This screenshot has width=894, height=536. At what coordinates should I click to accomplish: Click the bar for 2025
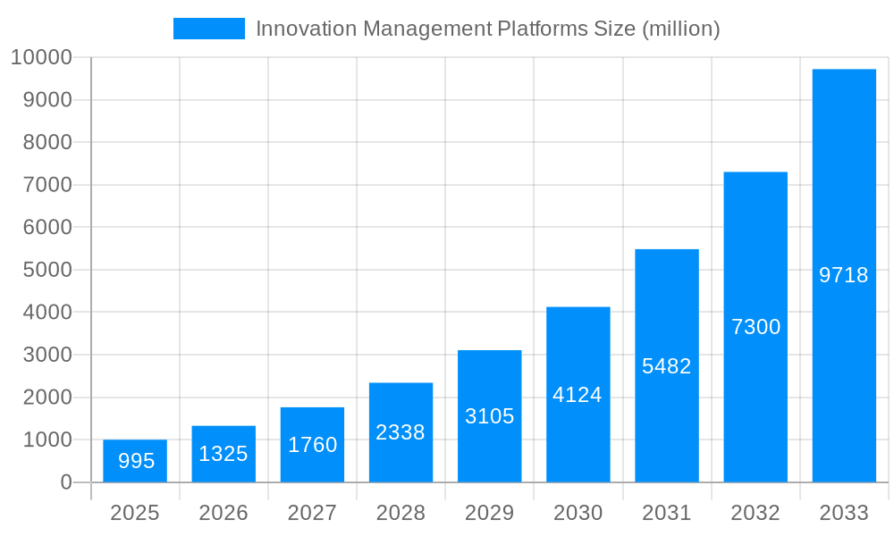tap(134, 461)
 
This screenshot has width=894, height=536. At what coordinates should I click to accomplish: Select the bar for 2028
tap(401, 432)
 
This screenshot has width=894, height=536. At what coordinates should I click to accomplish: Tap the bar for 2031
tap(667, 365)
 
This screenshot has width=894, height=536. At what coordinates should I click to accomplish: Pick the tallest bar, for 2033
tap(844, 275)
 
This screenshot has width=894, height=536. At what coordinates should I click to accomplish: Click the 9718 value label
tap(844, 275)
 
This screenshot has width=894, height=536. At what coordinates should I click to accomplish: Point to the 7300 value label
tap(755, 327)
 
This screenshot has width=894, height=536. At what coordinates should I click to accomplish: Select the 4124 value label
tap(578, 395)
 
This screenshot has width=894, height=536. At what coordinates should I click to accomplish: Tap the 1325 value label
tap(223, 454)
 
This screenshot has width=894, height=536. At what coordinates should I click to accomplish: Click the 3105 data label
tap(489, 416)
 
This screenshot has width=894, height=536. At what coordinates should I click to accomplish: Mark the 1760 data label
tap(312, 445)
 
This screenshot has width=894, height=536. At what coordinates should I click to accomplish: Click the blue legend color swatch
tap(208, 29)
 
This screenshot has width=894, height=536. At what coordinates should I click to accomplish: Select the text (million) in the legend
tap(680, 29)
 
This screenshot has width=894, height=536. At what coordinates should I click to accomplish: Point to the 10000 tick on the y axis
tap(41, 58)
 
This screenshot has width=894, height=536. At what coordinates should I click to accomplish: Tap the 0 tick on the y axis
tap(66, 482)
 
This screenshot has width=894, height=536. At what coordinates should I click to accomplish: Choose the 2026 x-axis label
tap(223, 513)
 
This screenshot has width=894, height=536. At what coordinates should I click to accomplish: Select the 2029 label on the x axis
tap(489, 513)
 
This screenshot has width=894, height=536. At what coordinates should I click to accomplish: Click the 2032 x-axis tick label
tap(755, 513)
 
